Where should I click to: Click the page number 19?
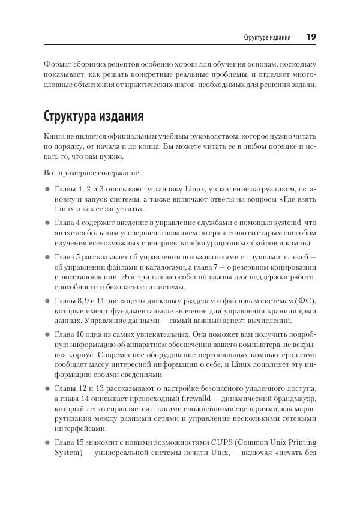tap(311, 37)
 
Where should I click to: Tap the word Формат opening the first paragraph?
tap(58, 64)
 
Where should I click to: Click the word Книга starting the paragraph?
tap(55, 137)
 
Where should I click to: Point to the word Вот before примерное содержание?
tap(50, 173)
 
